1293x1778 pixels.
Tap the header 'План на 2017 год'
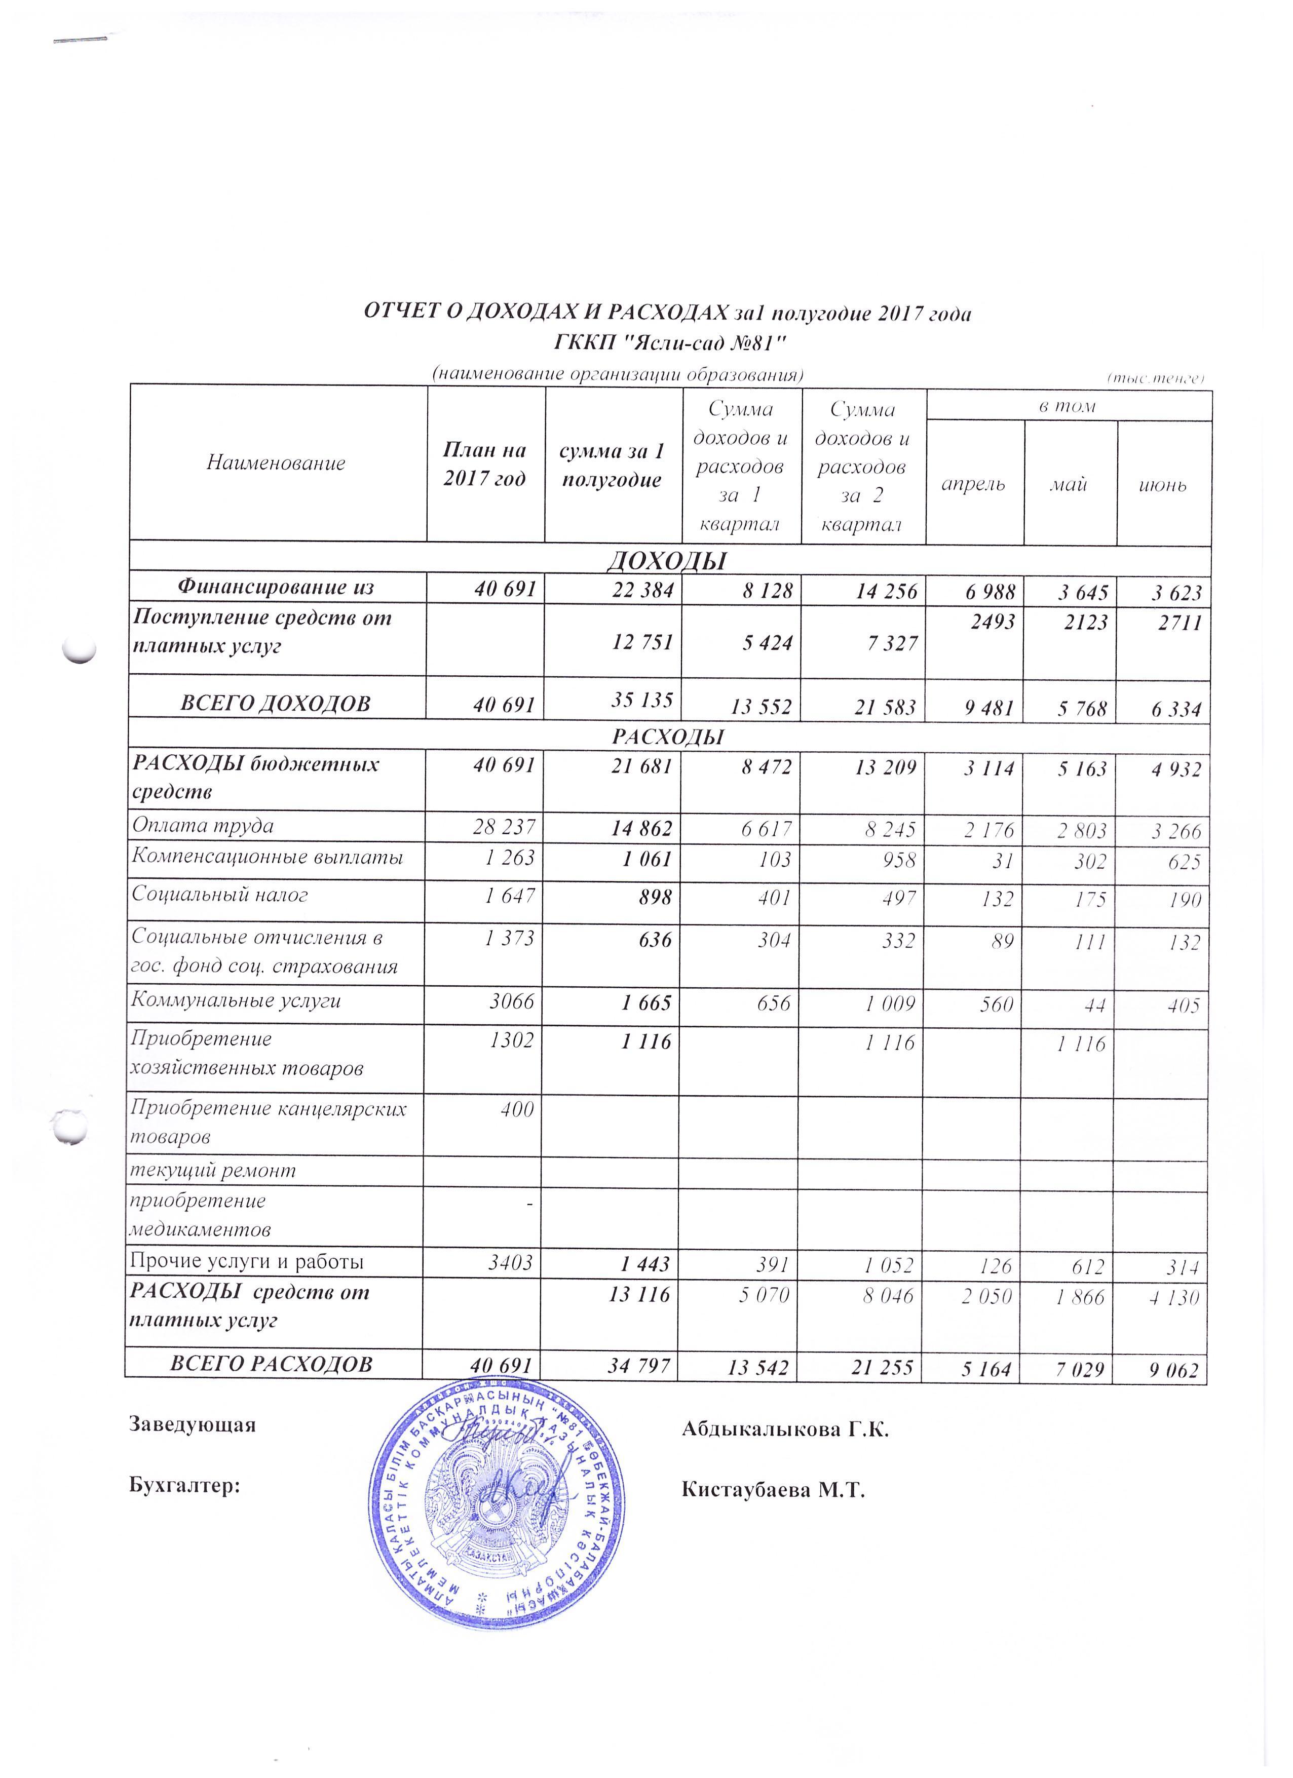[x=484, y=463]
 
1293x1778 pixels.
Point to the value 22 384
[x=642, y=590]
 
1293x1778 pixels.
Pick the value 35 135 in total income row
[x=641, y=699]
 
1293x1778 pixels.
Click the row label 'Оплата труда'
[x=203, y=826]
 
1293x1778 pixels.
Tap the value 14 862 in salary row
[x=642, y=827]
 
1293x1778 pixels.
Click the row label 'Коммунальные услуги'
[x=236, y=1000]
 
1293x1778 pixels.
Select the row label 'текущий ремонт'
[x=213, y=1171]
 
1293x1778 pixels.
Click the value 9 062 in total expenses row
[x=1173, y=1370]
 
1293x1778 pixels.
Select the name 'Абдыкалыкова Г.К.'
[x=785, y=1429]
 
